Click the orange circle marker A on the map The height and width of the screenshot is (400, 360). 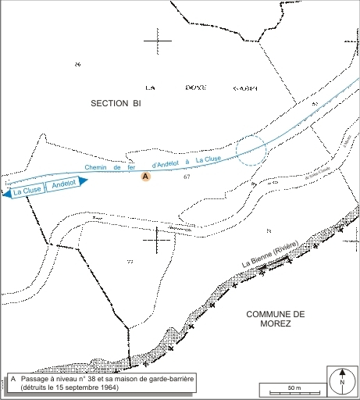(144, 177)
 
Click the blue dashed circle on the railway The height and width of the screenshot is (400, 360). (251, 150)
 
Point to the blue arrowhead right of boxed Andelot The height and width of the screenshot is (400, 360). (84, 180)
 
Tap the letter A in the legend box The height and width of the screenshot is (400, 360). (14, 379)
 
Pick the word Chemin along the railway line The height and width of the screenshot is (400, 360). (94, 169)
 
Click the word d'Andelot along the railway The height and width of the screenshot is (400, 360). (166, 163)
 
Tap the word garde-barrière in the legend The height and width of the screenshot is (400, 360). (173, 379)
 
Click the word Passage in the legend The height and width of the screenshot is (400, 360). (35, 379)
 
